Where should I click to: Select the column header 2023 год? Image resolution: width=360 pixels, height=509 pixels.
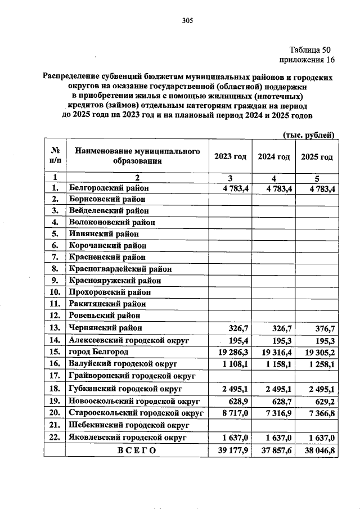pos(230,157)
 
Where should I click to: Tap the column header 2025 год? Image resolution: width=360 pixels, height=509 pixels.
pos(317,157)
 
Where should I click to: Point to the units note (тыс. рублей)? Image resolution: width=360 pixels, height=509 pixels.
pos(308,135)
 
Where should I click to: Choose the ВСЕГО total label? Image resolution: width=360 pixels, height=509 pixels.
pos(137,451)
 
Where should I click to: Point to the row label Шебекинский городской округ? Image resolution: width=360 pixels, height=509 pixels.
pos(128,425)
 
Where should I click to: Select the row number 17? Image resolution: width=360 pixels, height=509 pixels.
pos(55,375)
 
